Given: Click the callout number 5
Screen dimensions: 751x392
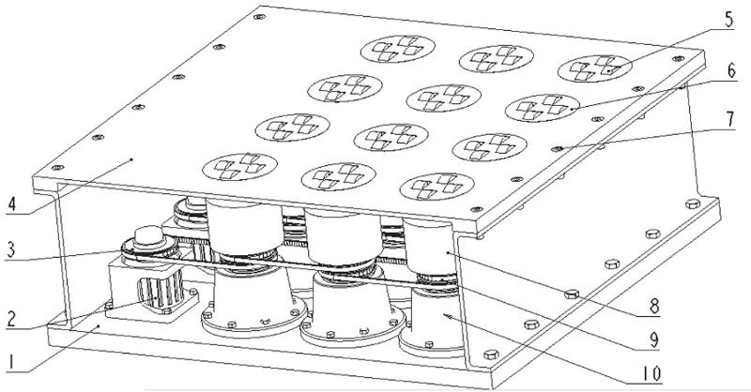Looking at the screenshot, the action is pyautogui.click(x=728, y=21).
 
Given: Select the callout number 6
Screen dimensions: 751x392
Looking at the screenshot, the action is pyautogui.click(x=730, y=71).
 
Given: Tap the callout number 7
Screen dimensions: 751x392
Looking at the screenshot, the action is pyautogui.click(x=730, y=119).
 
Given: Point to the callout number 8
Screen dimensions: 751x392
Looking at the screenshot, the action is pyautogui.click(x=654, y=306).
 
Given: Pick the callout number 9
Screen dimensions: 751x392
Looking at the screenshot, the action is pyautogui.click(x=653, y=339).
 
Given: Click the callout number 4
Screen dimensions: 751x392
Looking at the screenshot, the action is pyautogui.click(x=12, y=204).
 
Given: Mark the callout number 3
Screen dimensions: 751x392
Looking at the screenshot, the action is pyautogui.click(x=11, y=249).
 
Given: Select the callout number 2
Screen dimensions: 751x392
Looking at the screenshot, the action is pyautogui.click(x=12, y=318).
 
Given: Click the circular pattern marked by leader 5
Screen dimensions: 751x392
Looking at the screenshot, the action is pyautogui.click(x=594, y=68).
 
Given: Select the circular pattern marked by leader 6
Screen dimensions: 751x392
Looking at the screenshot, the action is pyautogui.click(x=543, y=108).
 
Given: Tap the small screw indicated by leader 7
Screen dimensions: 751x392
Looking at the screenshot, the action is pyautogui.click(x=557, y=149).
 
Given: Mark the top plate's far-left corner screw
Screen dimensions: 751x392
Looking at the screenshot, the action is pyautogui.click(x=57, y=168).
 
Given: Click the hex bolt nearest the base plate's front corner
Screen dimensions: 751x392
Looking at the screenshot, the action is pyautogui.click(x=491, y=354).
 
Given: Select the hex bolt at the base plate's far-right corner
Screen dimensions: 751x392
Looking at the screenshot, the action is pyautogui.click(x=693, y=204).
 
